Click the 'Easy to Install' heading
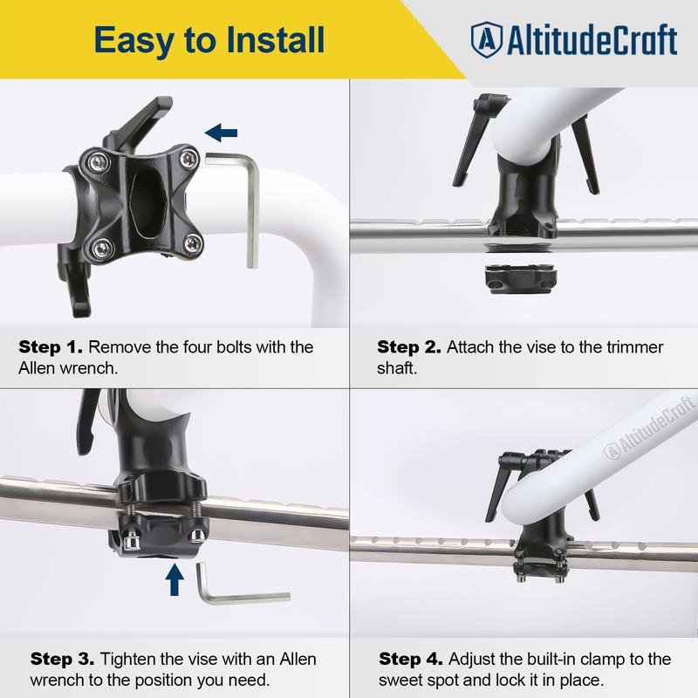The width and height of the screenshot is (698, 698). [209, 39]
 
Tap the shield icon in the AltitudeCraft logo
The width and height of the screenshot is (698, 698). [486, 39]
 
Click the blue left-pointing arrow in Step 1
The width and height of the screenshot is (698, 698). [221, 132]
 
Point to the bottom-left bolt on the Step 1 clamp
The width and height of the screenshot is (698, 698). [99, 247]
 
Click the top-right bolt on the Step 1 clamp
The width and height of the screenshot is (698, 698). [184, 158]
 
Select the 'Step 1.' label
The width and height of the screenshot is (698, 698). [51, 347]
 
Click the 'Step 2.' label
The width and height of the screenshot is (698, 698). [408, 347]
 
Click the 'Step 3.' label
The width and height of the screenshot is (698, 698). [62, 658]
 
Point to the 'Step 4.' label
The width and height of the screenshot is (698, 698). [411, 658]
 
